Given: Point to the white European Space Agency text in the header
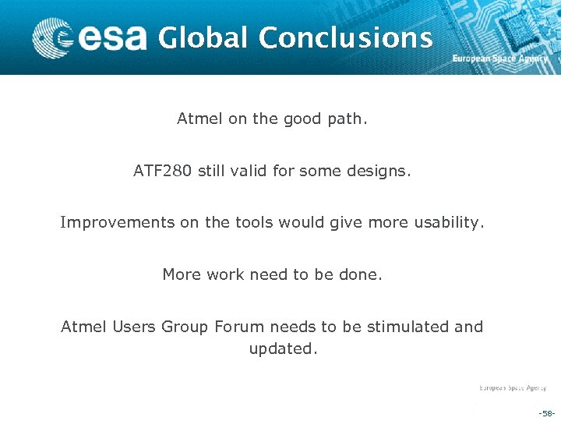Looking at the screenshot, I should pos(500,59).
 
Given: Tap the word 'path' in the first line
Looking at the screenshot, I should pos(347,119).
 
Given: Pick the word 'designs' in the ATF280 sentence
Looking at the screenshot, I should pos(378,171).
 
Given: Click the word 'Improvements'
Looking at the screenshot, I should pos(118,223).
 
